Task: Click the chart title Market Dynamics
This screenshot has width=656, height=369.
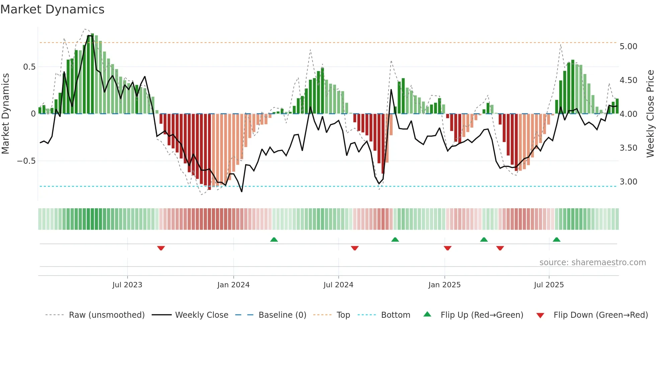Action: click(x=52, y=9)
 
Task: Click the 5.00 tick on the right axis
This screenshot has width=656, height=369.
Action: click(x=628, y=46)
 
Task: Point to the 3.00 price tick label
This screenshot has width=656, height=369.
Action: click(x=628, y=181)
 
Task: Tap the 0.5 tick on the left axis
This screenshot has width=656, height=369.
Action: click(x=29, y=67)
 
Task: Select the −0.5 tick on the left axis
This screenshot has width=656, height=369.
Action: click(x=26, y=161)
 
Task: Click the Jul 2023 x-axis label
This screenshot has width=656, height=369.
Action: click(x=127, y=285)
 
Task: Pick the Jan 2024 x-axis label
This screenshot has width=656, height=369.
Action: click(x=233, y=285)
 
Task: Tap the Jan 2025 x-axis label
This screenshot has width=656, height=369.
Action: click(x=444, y=285)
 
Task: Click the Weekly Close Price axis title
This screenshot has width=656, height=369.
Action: click(x=650, y=114)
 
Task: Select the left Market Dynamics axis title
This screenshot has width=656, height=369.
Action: click(x=5, y=114)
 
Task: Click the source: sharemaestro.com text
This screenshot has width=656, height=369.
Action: click(x=592, y=263)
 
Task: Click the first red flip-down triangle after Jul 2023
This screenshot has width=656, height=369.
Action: click(x=161, y=248)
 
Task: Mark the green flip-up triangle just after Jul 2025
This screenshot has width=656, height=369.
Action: click(x=557, y=239)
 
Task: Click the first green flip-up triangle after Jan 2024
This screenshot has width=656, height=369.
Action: click(x=274, y=239)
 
